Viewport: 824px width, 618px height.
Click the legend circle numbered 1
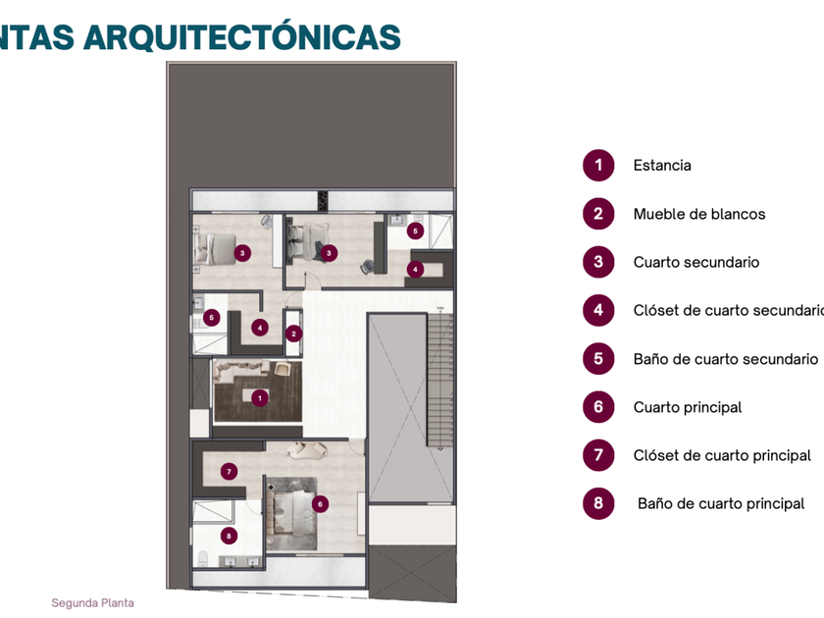pos(598,166)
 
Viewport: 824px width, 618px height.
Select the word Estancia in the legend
pos(662,166)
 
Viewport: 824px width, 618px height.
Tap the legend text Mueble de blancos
pos(699,214)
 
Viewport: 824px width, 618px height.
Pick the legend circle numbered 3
pos(598,262)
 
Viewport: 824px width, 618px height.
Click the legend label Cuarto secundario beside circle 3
pos(696,262)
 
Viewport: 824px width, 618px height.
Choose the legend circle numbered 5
pos(598,359)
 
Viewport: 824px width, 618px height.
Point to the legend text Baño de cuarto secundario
pos(726,359)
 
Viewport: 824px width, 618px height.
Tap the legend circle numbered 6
pos(598,407)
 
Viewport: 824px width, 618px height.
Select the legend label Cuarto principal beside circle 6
pos(688,407)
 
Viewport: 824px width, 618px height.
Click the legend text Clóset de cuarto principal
pos(722,455)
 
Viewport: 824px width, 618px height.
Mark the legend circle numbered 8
pos(598,504)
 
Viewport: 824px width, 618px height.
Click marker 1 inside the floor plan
pos(259,398)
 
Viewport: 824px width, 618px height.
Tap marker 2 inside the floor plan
pos(293,333)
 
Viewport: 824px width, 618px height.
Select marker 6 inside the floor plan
pos(319,503)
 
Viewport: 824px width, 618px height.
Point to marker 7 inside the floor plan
pos(229,471)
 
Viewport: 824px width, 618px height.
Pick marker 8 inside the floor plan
pos(229,536)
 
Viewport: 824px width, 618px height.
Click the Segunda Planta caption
pos(93,603)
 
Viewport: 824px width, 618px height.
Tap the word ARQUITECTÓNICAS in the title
pos(241,36)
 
